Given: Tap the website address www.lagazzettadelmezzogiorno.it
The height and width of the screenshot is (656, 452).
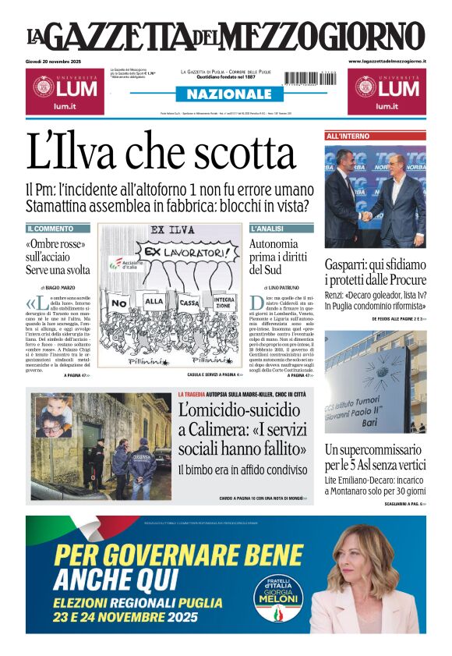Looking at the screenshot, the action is click(387, 61).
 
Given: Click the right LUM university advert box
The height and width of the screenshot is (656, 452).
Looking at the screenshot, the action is click(387, 90).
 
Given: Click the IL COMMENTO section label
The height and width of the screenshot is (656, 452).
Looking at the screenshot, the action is click(50, 229).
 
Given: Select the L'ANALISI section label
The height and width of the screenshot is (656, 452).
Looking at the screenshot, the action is click(267, 229).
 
